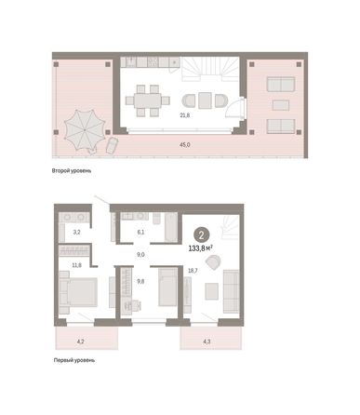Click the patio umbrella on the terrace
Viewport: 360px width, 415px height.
click(85, 130)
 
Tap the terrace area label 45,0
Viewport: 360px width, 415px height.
click(185, 144)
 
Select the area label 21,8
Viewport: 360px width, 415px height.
click(185, 115)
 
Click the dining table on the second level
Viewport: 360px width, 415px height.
click(148, 100)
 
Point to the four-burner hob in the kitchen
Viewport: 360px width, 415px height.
click(153, 62)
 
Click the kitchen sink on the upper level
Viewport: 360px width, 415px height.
click(131, 62)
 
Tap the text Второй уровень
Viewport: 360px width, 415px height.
click(72, 171)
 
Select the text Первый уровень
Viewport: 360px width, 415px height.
click(74, 360)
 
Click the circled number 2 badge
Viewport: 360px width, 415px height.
click(202, 235)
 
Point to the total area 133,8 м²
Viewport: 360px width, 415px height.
click(201, 248)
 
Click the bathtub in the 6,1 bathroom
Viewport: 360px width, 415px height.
click(171, 227)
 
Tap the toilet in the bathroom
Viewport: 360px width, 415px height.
click(156, 218)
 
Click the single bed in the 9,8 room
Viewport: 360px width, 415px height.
click(167, 288)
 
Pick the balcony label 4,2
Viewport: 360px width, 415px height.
click(80, 341)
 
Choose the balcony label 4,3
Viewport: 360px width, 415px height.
click(207, 341)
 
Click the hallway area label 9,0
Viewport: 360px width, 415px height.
click(140, 255)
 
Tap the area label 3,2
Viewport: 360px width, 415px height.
click(76, 232)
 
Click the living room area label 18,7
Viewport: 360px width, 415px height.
click(193, 271)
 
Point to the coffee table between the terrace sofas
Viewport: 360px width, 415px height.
click(281, 105)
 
